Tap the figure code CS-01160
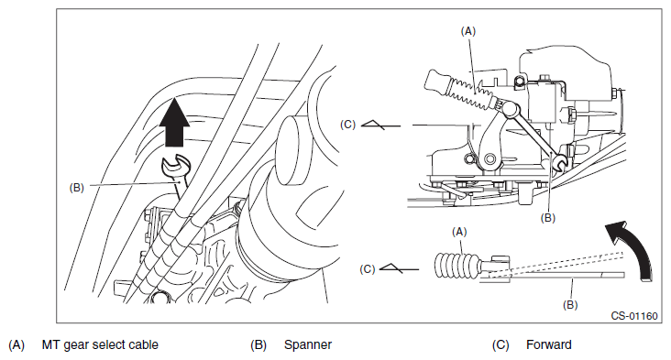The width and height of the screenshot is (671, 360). click(x=633, y=316)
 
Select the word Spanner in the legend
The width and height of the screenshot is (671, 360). click(x=308, y=344)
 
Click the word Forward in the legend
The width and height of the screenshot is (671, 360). click(x=548, y=344)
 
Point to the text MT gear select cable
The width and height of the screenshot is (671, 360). click(x=100, y=344)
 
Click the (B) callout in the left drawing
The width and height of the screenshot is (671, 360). click(x=77, y=188)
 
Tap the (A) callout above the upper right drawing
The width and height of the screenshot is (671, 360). click(x=468, y=31)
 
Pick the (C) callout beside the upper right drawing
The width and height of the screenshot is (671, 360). click(x=348, y=125)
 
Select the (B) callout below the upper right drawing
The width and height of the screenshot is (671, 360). click(x=548, y=218)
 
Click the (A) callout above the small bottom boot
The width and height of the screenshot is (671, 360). click(x=459, y=232)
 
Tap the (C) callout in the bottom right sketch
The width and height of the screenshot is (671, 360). click(x=368, y=269)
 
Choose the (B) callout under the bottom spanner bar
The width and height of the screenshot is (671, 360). click(x=570, y=305)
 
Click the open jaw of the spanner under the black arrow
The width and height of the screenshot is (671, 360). click(x=174, y=165)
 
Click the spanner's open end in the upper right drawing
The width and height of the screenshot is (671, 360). click(x=559, y=161)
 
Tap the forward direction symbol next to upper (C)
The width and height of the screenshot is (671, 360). click(x=380, y=125)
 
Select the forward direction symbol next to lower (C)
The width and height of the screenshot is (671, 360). click(x=399, y=269)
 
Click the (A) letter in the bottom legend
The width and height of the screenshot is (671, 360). click(x=16, y=344)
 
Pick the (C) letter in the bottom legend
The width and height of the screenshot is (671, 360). click(x=500, y=344)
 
